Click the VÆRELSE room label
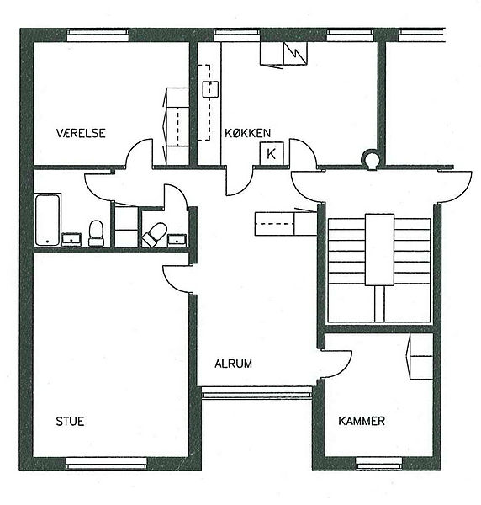pos(81,133)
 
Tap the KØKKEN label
pos(247,133)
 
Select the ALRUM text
pos(233,364)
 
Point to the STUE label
pos(70,422)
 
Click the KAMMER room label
pos(362,421)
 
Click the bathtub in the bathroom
pos(48,220)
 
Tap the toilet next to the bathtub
pos(96,233)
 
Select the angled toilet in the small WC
pos(155,234)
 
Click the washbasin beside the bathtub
pos(71,240)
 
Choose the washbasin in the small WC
pos(177,240)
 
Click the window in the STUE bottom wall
pos(106,463)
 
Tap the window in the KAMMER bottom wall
pos(379,463)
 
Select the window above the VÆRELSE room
pos(98,35)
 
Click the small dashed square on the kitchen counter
pos(210,89)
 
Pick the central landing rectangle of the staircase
pos(379,250)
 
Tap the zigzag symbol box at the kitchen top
pos(295,54)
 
